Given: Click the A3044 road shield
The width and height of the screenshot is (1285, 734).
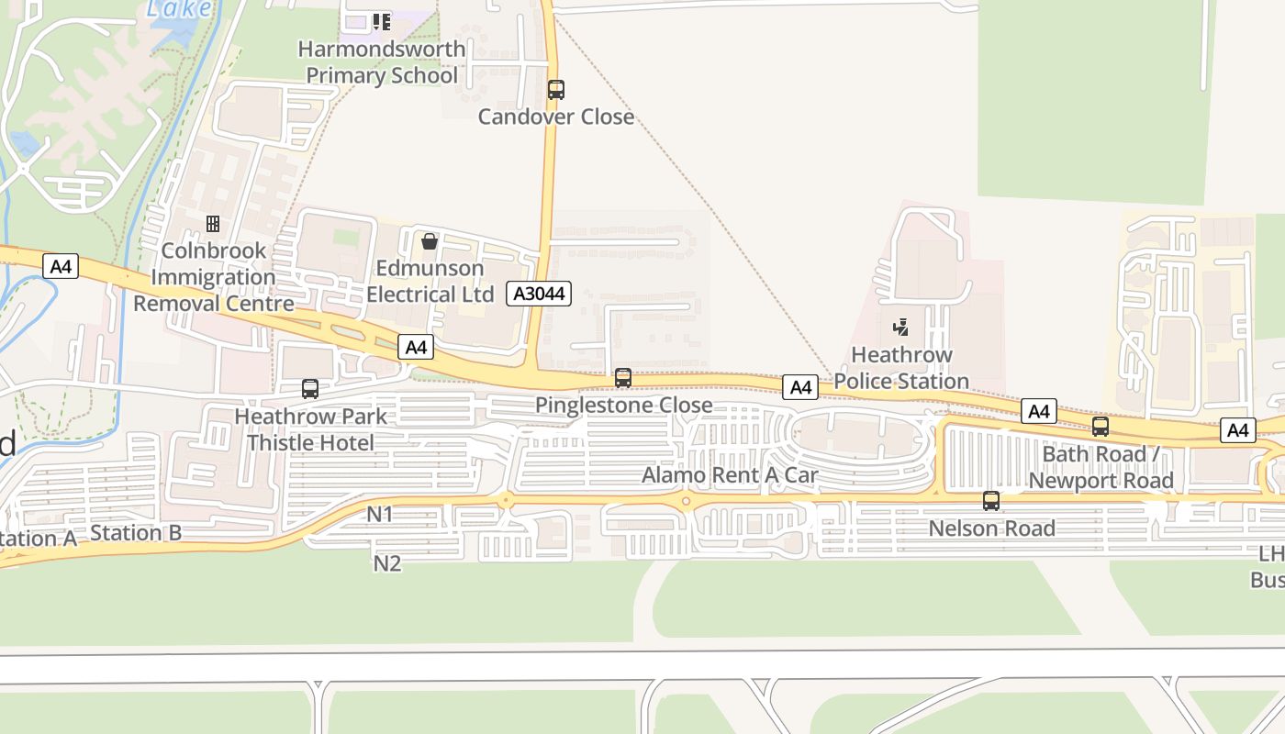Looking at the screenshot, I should coord(540,294).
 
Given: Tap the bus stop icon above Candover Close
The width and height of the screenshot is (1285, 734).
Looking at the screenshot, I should coord(556,90).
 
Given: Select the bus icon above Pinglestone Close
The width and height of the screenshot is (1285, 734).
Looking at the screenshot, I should coord(623,377).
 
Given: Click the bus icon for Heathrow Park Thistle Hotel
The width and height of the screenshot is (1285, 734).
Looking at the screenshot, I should coord(310,389).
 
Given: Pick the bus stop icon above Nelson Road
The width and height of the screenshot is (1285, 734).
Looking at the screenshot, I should coord(991,501).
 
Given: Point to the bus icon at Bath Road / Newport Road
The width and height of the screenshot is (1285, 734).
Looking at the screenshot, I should coord(1100,427).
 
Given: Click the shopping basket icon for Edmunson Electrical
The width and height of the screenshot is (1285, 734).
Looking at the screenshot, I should coord(429,241).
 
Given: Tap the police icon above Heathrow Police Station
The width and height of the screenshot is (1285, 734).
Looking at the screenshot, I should coord(900,328).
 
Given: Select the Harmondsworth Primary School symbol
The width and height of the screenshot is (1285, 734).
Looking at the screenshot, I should coord(381,21).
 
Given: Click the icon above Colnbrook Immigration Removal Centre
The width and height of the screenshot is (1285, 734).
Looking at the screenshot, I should coord(213,224).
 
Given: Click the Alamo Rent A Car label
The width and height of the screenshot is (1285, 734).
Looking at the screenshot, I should coord(730,475).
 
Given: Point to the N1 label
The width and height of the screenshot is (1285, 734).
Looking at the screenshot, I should coord(380,515).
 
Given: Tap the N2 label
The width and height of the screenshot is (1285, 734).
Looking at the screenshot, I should coord(387,563).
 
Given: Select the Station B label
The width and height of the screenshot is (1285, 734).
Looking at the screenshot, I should coord(136,533).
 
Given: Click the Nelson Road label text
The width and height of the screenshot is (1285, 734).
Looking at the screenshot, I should coord(991,528).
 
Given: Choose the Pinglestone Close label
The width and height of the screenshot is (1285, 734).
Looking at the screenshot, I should coord(623,405).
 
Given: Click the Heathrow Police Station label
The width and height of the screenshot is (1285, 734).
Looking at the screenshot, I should coord(900,368).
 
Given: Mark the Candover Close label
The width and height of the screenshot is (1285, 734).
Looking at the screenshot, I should coord(556,117).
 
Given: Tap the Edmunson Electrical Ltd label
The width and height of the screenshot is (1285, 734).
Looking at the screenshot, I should coord(424,281).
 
